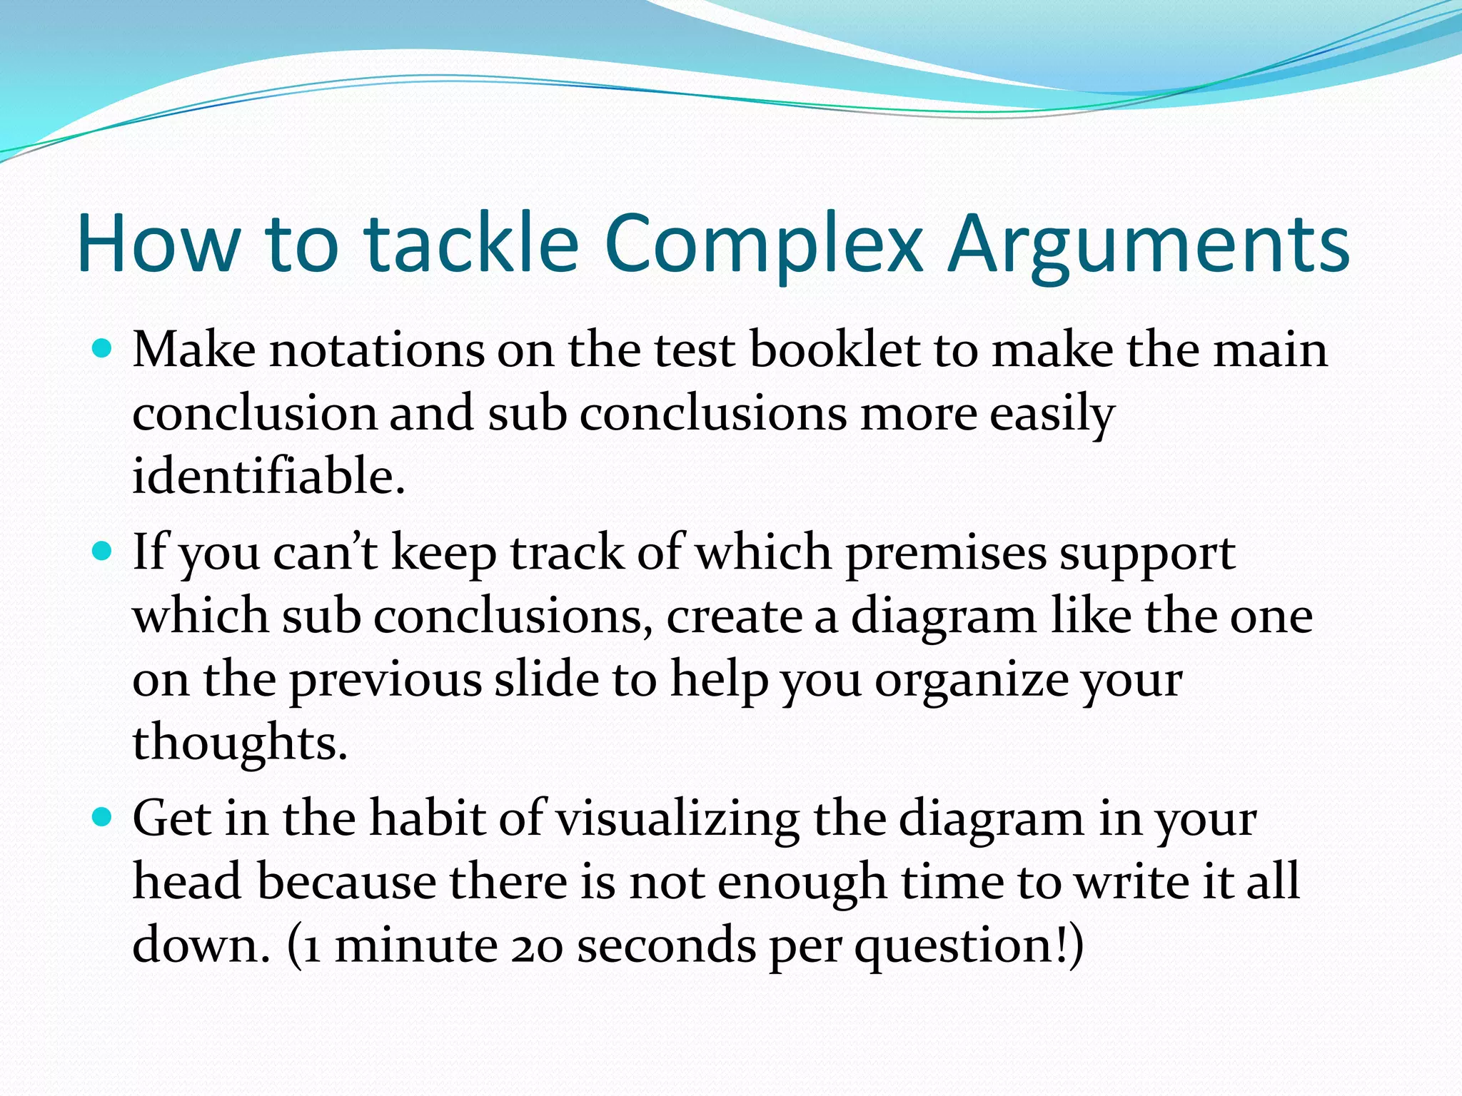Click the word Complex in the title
[x=764, y=244]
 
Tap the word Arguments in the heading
[x=1149, y=244]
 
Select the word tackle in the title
[x=471, y=244]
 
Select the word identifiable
[x=268, y=476]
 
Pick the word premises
[x=945, y=553]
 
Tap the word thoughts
[x=239, y=742]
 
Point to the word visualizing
[x=677, y=818]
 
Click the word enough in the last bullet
[x=802, y=882]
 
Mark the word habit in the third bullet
[x=428, y=818]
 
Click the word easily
[x=1052, y=414]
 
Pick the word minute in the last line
[x=416, y=945]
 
